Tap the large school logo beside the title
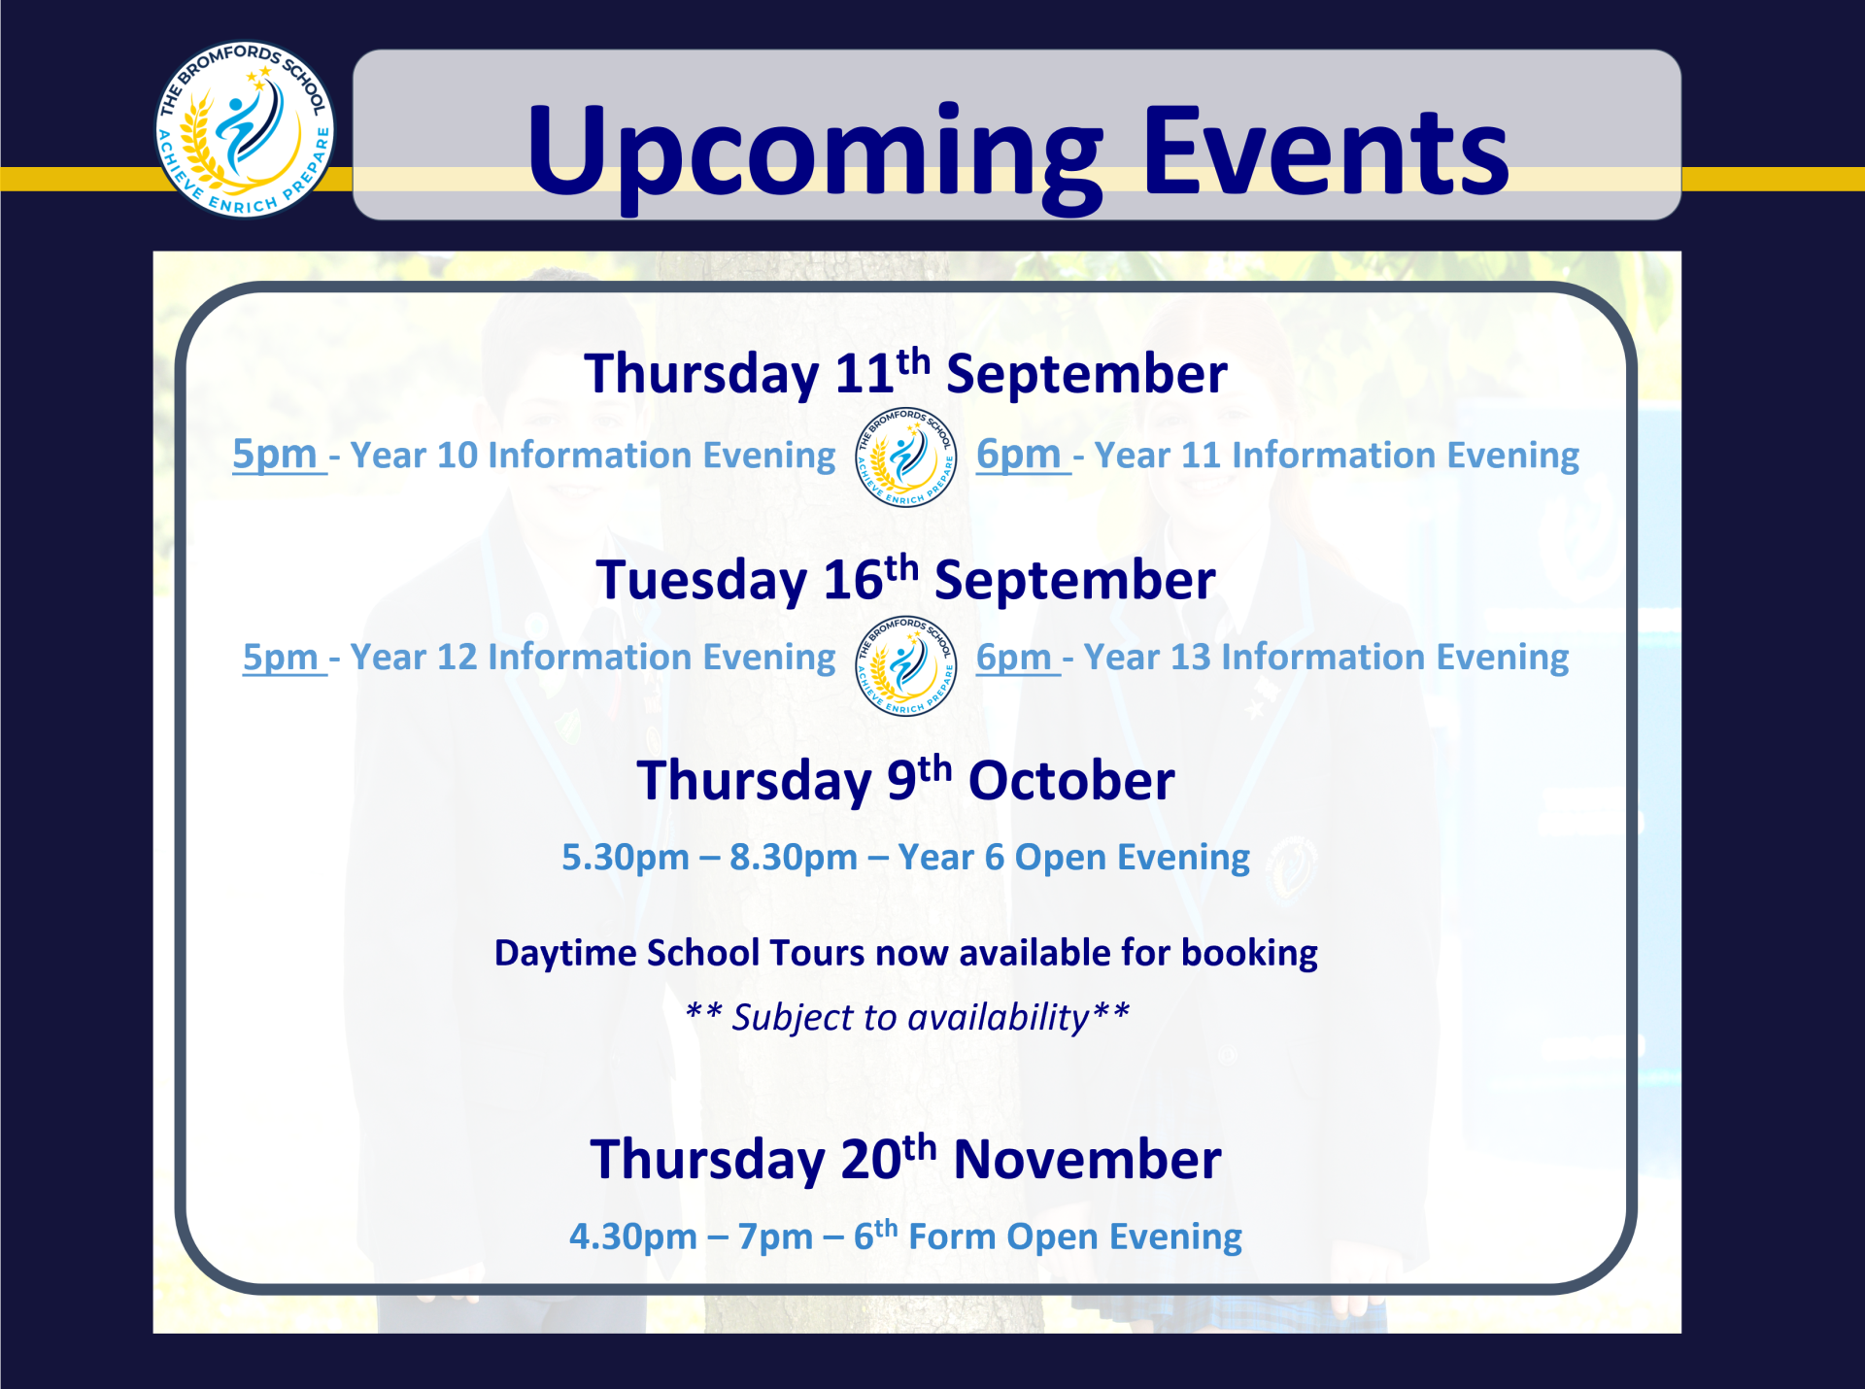245,129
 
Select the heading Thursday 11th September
905,374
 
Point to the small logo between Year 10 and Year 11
905,457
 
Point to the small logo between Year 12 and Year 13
905,665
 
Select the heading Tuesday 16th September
905,580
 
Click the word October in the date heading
1071,781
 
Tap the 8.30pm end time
794,858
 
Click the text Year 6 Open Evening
1073,858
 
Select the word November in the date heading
1087,1160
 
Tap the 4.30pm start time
633,1237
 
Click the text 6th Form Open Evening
1047,1236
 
